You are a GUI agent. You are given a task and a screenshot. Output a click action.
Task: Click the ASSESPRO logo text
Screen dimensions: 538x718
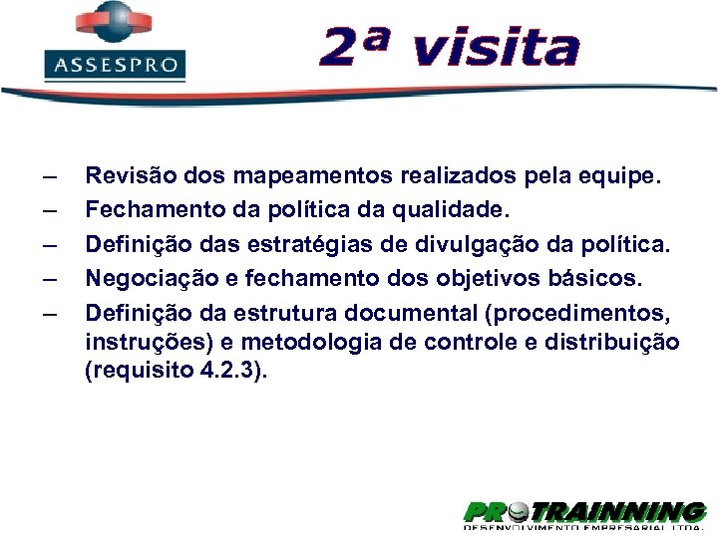pyautogui.click(x=115, y=66)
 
